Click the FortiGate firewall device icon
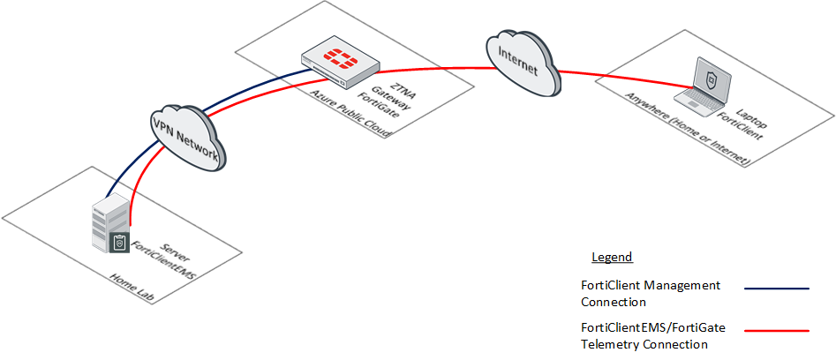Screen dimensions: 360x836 point(341,66)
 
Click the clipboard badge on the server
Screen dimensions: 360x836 point(121,243)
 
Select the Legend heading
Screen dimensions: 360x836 point(612,258)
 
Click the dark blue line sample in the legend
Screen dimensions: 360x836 point(777,288)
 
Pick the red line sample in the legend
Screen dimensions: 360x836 point(777,331)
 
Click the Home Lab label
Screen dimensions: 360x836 point(132,289)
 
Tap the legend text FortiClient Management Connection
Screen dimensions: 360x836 point(651,294)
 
